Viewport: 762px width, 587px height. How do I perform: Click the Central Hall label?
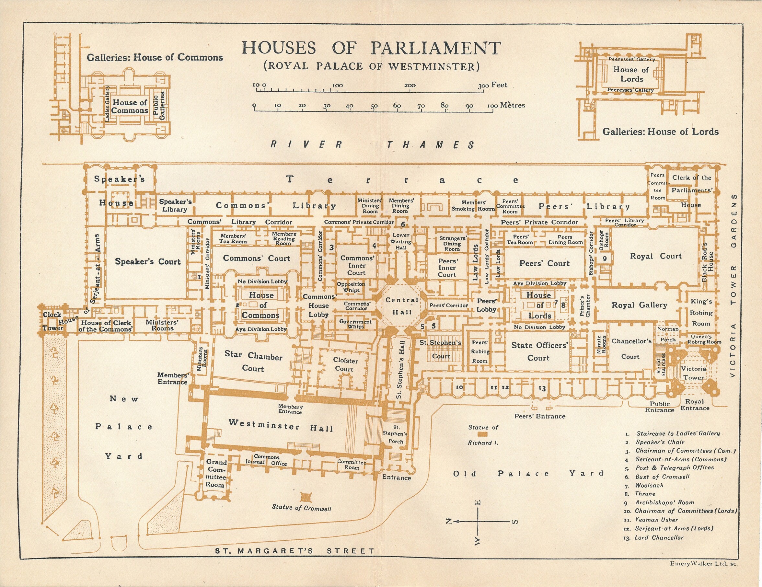click(402, 306)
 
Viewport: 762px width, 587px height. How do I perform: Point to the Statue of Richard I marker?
click(482, 435)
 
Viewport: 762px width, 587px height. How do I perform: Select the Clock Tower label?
click(53, 321)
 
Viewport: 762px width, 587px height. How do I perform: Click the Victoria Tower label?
click(694, 373)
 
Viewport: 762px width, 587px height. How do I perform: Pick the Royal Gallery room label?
click(639, 305)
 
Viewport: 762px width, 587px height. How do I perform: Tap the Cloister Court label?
click(345, 364)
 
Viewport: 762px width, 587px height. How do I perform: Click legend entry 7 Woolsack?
click(648, 486)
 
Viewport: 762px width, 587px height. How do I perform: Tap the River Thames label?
click(373, 145)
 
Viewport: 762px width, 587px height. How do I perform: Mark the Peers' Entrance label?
click(540, 416)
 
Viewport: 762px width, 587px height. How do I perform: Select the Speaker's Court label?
click(148, 261)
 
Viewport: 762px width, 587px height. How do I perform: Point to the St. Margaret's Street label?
click(294, 551)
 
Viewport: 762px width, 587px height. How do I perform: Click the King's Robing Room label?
click(701, 313)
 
